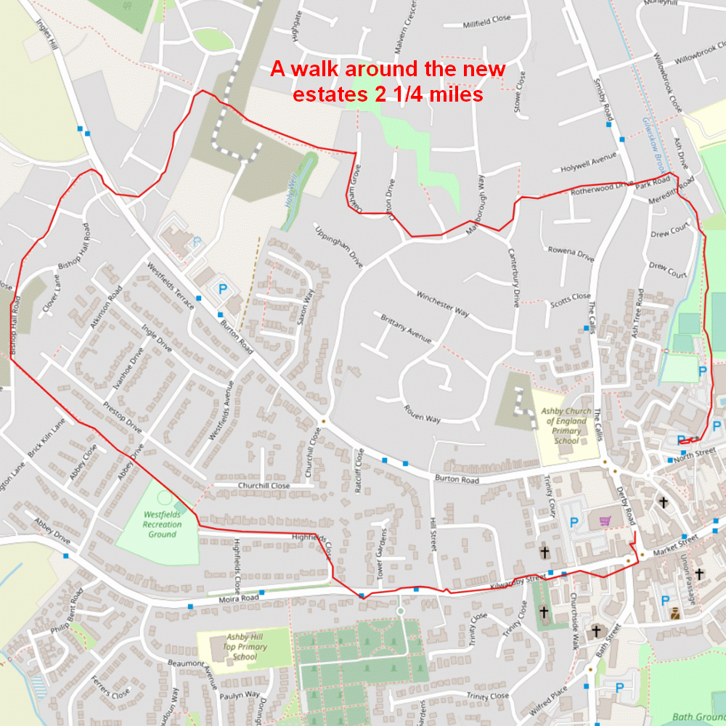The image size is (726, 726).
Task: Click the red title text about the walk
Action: [388, 81]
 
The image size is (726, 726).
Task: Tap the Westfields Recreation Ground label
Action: [162, 523]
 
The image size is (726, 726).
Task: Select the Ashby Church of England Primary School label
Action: [566, 425]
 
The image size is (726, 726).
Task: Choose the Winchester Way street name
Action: [442, 303]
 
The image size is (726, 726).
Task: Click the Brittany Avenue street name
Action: [407, 328]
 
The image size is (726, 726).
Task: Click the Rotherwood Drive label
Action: [603, 189]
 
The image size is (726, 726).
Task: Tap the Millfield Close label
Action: [486, 23]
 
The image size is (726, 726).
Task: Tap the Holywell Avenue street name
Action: [588, 163]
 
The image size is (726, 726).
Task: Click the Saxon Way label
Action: [308, 308]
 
